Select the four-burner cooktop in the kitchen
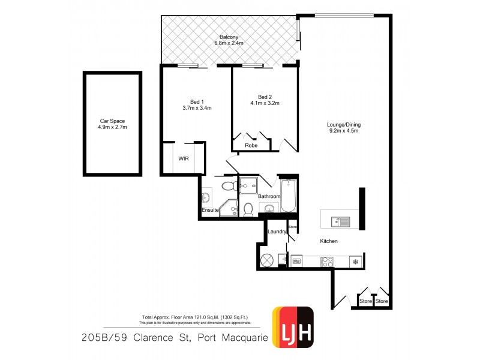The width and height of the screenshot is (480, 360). pos(328,262)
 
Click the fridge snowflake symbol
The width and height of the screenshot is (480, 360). pos(355,262)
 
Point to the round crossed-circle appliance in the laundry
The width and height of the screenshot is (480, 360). pos(267,261)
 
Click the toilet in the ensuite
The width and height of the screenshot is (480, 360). pos(228,185)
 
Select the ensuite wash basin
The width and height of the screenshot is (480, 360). pos(207,197)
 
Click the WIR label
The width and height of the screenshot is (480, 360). pos(184,158)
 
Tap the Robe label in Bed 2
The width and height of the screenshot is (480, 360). pos(251,145)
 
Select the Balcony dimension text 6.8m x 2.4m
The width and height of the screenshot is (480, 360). pos(230,43)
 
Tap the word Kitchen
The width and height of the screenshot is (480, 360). pos(329,241)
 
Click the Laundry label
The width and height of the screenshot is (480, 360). pos(277,231)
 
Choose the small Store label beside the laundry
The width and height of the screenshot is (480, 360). pos(293,227)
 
